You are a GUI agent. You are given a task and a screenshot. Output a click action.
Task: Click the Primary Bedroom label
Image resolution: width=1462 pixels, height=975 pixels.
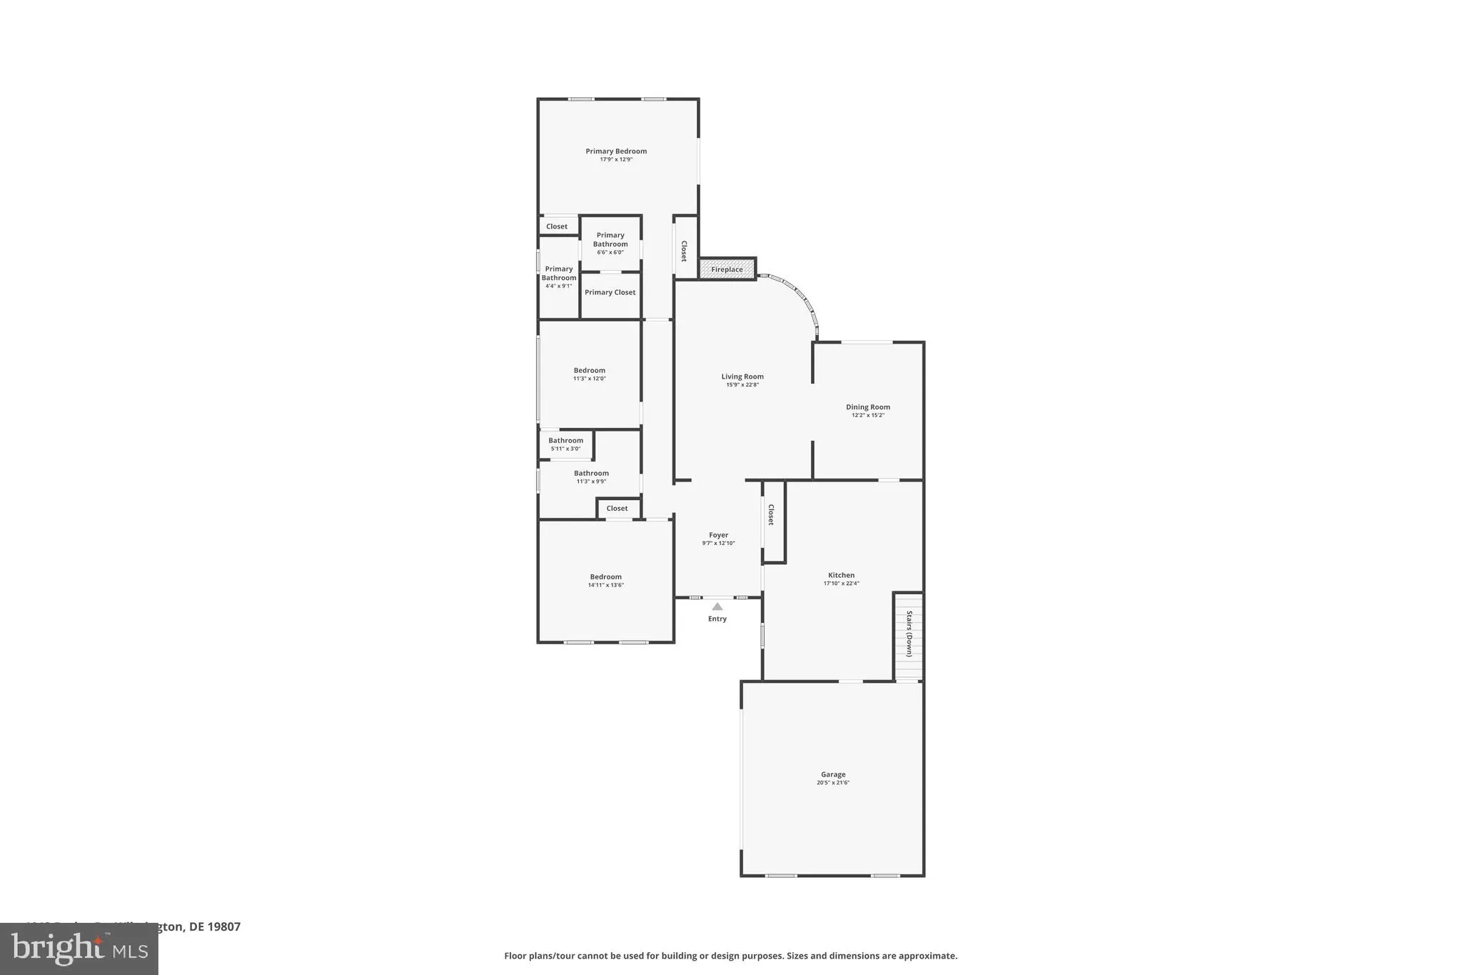point(616,151)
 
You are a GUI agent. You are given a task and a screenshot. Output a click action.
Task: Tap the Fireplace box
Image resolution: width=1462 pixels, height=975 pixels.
point(727,269)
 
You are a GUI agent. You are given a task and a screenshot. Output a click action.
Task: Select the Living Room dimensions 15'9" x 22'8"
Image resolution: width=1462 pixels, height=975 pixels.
point(742,385)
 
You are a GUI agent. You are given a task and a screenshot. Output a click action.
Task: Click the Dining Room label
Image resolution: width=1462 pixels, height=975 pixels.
point(868,407)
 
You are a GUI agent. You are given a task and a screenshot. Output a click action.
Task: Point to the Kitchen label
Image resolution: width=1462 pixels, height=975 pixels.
point(841,575)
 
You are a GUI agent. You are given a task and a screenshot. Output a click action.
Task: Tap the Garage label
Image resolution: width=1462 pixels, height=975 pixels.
point(833,774)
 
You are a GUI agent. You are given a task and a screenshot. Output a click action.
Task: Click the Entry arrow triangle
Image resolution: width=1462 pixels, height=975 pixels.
point(717,606)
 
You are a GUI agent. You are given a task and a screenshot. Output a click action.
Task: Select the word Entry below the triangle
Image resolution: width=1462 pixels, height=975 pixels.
point(717,619)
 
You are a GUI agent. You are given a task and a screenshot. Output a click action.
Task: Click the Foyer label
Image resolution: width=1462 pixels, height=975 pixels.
point(718,535)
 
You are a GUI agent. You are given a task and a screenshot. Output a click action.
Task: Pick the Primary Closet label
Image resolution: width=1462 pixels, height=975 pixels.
point(610,292)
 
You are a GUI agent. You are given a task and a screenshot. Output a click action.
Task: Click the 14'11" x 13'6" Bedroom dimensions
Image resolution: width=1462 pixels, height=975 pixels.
point(606,585)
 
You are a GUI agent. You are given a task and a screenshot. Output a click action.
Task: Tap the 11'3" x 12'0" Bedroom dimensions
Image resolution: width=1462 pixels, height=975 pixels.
point(590,379)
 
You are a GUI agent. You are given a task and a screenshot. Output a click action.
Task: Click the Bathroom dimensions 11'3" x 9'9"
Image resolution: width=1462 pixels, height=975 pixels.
point(591,481)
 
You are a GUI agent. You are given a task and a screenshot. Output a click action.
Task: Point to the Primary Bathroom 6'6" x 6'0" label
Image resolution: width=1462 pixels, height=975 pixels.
point(610,243)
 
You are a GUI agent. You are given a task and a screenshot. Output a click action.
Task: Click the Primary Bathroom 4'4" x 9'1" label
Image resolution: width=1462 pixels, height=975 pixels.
point(559,277)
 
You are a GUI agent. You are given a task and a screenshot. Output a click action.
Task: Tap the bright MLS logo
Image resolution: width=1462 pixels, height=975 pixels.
point(79,949)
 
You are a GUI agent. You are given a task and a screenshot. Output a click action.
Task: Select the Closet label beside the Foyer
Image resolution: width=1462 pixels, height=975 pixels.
point(771,515)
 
